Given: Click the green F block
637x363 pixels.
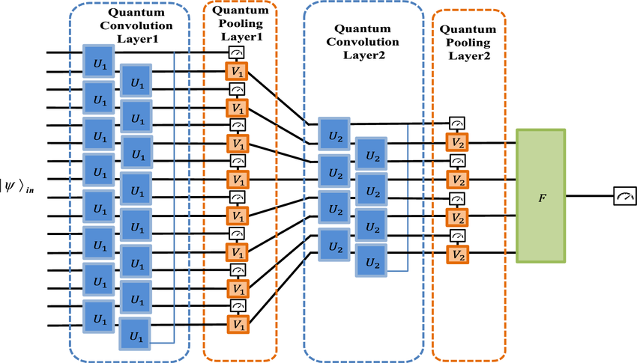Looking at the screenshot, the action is point(541,196).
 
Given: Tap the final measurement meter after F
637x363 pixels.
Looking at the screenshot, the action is point(625,196).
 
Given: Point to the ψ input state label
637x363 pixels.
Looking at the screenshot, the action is point(17,187).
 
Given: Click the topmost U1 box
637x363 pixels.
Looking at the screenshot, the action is point(99,61).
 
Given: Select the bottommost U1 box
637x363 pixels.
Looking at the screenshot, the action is point(135,334).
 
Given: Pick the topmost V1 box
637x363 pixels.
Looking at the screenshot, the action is point(237,72).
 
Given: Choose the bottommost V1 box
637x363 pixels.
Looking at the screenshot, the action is point(238,325).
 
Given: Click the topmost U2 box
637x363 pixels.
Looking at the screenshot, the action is point(334,134).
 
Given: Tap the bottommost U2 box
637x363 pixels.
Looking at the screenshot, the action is point(371,260).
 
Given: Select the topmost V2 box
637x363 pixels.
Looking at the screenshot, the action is point(457,142).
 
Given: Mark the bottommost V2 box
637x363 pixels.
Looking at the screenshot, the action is point(458,254).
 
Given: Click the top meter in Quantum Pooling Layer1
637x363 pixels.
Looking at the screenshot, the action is point(236,52).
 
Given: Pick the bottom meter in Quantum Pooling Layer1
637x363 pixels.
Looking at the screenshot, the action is point(238,305).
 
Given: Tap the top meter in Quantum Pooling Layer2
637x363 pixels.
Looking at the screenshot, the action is point(457,123).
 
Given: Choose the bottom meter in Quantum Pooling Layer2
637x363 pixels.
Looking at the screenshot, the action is point(458,235).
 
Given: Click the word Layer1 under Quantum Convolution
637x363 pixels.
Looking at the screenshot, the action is point(137,39).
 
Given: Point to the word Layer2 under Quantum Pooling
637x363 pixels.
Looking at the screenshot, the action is point(469,55).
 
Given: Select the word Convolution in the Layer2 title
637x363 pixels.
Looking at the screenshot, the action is point(363,42).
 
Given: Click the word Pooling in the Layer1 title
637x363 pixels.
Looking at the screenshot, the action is point(241,23).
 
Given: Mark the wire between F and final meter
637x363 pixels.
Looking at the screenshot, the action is point(590,196).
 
